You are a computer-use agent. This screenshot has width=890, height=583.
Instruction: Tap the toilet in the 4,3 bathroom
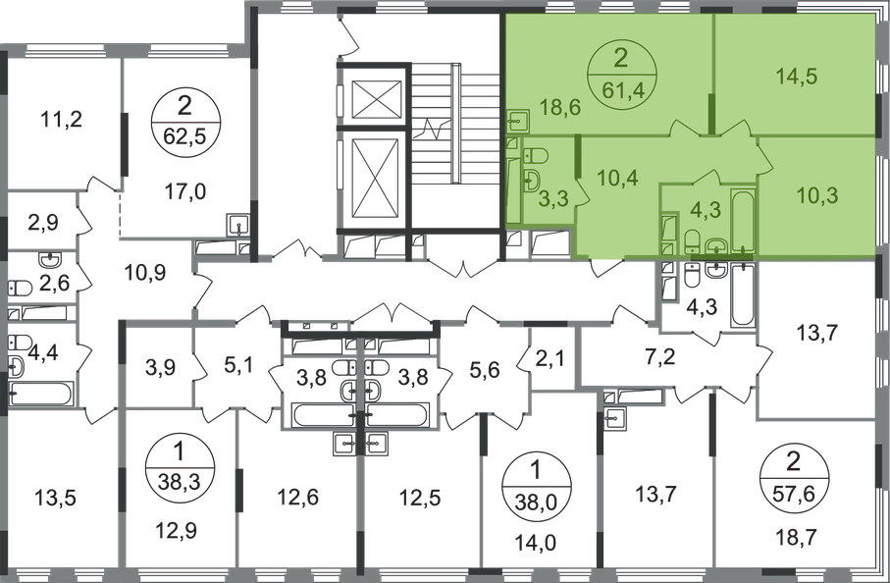tap(691, 238)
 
